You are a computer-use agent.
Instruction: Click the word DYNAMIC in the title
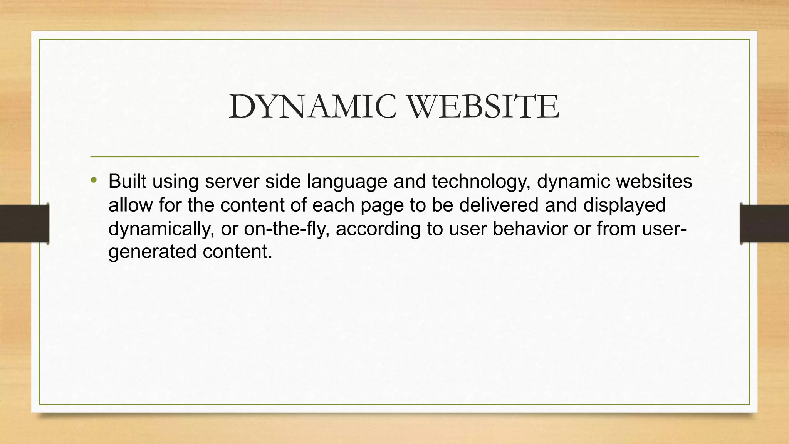(312, 107)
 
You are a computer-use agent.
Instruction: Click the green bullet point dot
(94, 180)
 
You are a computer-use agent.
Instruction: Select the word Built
(127, 181)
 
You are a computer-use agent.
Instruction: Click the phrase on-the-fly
(286, 229)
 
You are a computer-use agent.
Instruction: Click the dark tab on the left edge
(24, 224)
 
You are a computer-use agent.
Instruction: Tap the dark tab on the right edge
(764, 224)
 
